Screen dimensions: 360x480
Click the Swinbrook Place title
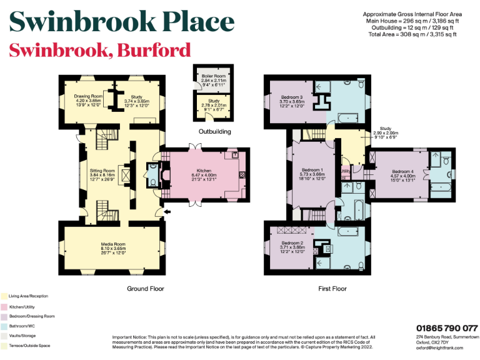pyautogui.click(x=122, y=22)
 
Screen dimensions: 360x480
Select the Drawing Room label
pyautogui.click(x=88, y=96)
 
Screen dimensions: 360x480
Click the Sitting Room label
pyautogui.click(x=102, y=170)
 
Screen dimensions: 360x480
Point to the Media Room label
pyautogui.click(x=114, y=244)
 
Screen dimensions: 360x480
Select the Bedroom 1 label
pyautogui.click(x=312, y=170)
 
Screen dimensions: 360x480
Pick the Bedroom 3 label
pyautogui.click(x=292, y=97)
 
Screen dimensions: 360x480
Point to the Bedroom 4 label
pyautogui.click(x=402, y=171)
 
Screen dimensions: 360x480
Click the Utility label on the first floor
pyautogui.click(x=344, y=171)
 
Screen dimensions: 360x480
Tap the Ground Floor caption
pyautogui.click(x=146, y=289)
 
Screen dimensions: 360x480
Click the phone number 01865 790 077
pyautogui.click(x=447, y=328)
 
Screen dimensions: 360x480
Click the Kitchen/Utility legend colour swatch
pyautogui.click(x=4, y=306)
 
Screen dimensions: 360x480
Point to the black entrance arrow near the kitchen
pyautogui.click(x=166, y=213)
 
